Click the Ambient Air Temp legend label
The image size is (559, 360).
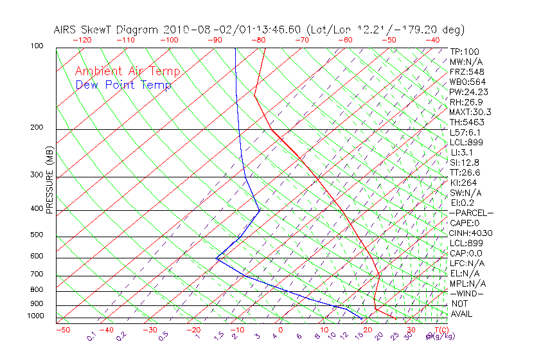click(127, 71)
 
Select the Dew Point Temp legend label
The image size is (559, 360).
click(123, 85)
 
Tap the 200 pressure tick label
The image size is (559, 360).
click(37, 128)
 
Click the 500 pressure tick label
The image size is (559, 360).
click(37, 235)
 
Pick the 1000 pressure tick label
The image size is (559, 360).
click(35, 316)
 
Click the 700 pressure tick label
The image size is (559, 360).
click(37, 275)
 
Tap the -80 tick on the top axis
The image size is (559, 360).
click(259, 40)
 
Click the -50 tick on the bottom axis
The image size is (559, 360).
click(62, 330)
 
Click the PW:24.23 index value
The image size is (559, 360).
click(469, 92)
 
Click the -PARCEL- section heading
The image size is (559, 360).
click(472, 213)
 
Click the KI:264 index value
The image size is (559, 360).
click(463, 182)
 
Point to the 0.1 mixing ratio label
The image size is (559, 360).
click(91, 336)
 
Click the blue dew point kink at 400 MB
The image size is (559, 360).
click(260, 210)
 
